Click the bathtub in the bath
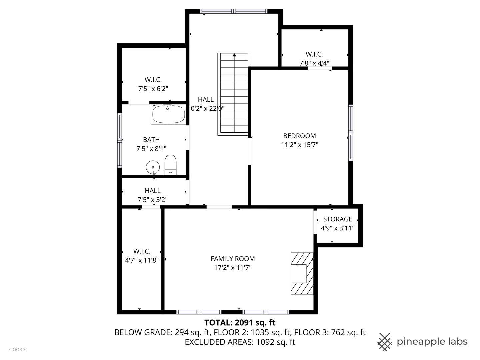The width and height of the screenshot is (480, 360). tap(168, 114)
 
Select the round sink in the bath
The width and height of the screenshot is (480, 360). tap(153, 167)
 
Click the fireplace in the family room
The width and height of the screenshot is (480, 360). tap(302, 274)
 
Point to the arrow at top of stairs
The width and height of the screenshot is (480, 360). tap(234, 55)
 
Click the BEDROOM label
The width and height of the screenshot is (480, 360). tap(299, 136)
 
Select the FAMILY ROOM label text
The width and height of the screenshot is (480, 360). tap(233, 259)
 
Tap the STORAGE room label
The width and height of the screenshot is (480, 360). tap(337, 219)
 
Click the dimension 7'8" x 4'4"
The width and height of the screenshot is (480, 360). tap(314, 63)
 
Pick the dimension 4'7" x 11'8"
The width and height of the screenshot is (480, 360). tap(142, 260)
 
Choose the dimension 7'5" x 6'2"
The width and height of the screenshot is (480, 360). tap(153, 89)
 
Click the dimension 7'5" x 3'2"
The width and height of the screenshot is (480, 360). tap(153, 200)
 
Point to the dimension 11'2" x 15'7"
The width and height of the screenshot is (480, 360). tap(299, 145)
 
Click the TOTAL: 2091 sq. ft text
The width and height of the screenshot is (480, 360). tap(240, 322)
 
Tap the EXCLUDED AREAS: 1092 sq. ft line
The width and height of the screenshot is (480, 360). tap(240, 342)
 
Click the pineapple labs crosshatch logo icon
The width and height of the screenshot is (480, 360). tap(384, 342)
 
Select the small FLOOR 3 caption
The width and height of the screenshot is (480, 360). tap(17, 350)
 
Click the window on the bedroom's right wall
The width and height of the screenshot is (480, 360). tap(350, 133)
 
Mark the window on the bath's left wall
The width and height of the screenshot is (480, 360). tap(119, 140)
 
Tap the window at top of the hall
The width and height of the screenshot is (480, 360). tap(234, 11)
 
